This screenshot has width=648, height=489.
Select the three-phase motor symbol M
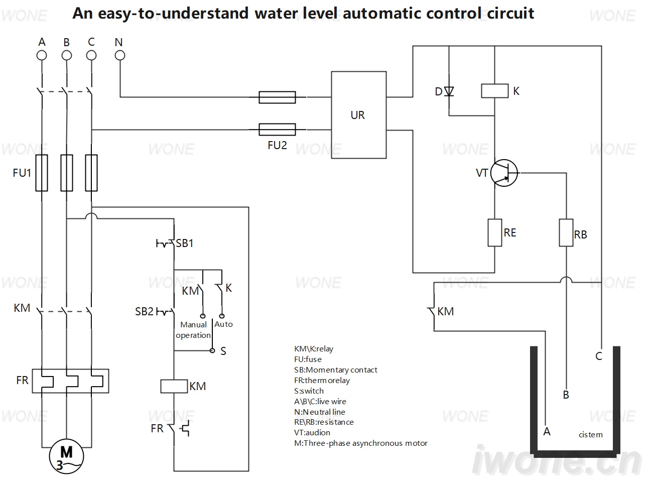[x=66, y=456]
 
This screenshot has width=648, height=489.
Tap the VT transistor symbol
[x=504, y=173]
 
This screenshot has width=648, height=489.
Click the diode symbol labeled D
[x=449, y=91]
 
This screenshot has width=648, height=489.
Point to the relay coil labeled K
[x=495, y=91]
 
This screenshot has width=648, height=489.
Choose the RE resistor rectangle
[x=495, y=232]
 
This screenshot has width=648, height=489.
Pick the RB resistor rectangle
[x=566, y=232]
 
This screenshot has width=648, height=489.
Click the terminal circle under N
[x=120, y=55]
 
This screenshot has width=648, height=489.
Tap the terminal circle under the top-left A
[x=42, y=55]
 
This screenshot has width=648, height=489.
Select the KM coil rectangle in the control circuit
[x=174, y=386]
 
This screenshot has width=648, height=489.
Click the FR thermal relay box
[x=71, y=381]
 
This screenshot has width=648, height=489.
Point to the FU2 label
[x=277, y=145]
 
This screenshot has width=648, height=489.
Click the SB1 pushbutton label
[x=185, y=243]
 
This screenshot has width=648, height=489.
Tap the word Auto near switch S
[x=223, y=324]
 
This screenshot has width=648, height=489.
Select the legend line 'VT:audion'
[x=312, y=433]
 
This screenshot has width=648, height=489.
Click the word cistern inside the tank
[x=591, y=435]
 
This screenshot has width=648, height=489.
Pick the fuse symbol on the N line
[x=277, y=97]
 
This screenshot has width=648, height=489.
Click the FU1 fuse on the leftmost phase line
[x=42, y=173]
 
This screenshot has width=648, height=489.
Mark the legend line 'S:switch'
[x=309, y=391]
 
